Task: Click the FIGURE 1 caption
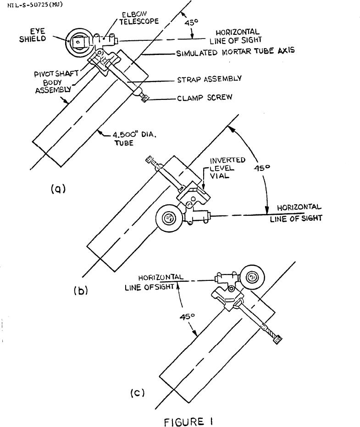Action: click(x=188, y=422)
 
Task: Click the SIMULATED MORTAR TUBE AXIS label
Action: click(x=235, y=52)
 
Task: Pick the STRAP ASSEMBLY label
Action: click(x=209, y=79)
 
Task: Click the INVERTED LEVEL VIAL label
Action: click(x=227, y=168)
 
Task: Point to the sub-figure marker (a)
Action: click(x=58, y=188)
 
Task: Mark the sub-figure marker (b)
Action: click(x=80, y=290)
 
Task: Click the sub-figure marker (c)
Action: click(x=138, y=393)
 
